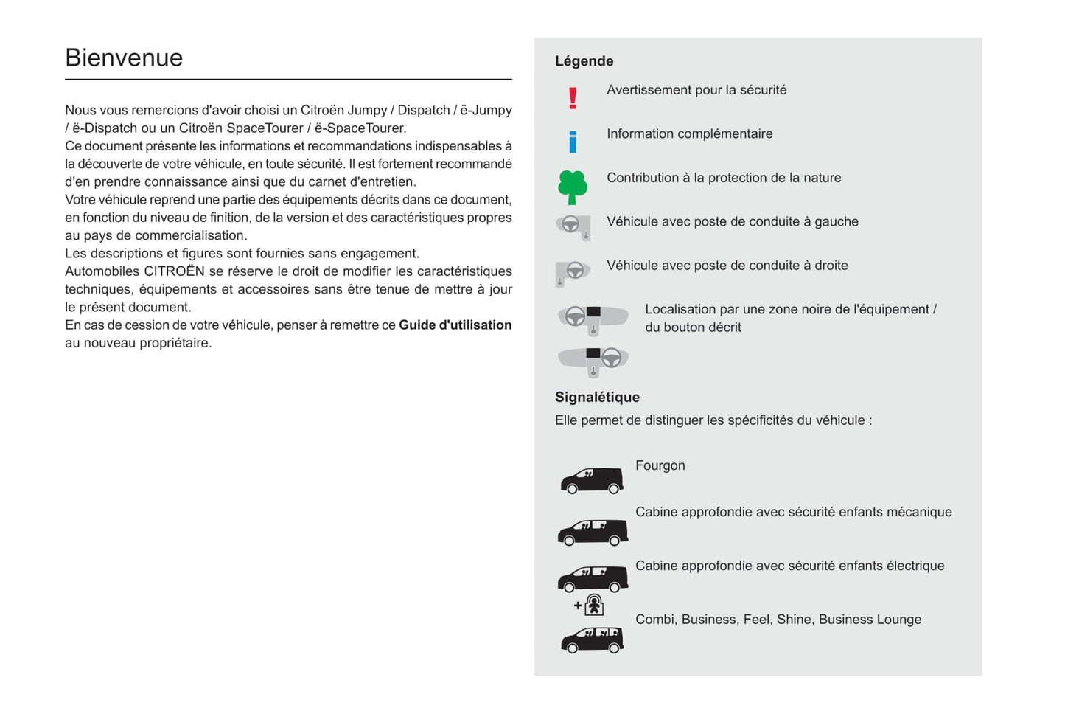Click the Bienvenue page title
point(124,58)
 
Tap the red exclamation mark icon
point(573,98)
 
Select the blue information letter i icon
point(573,142)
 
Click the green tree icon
point(573,187)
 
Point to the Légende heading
point(584,61)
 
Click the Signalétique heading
point(597,398)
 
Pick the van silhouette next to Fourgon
point(592,480)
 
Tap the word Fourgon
point(660,466)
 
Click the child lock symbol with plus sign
point(590,606)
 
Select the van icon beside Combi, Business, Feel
point(592,639)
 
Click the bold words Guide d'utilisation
point(455,325)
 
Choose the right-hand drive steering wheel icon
point(573,271)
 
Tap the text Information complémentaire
point(689,134)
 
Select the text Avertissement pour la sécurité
point(696,90)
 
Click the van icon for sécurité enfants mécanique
point(593,533)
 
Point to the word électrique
point(915,566)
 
